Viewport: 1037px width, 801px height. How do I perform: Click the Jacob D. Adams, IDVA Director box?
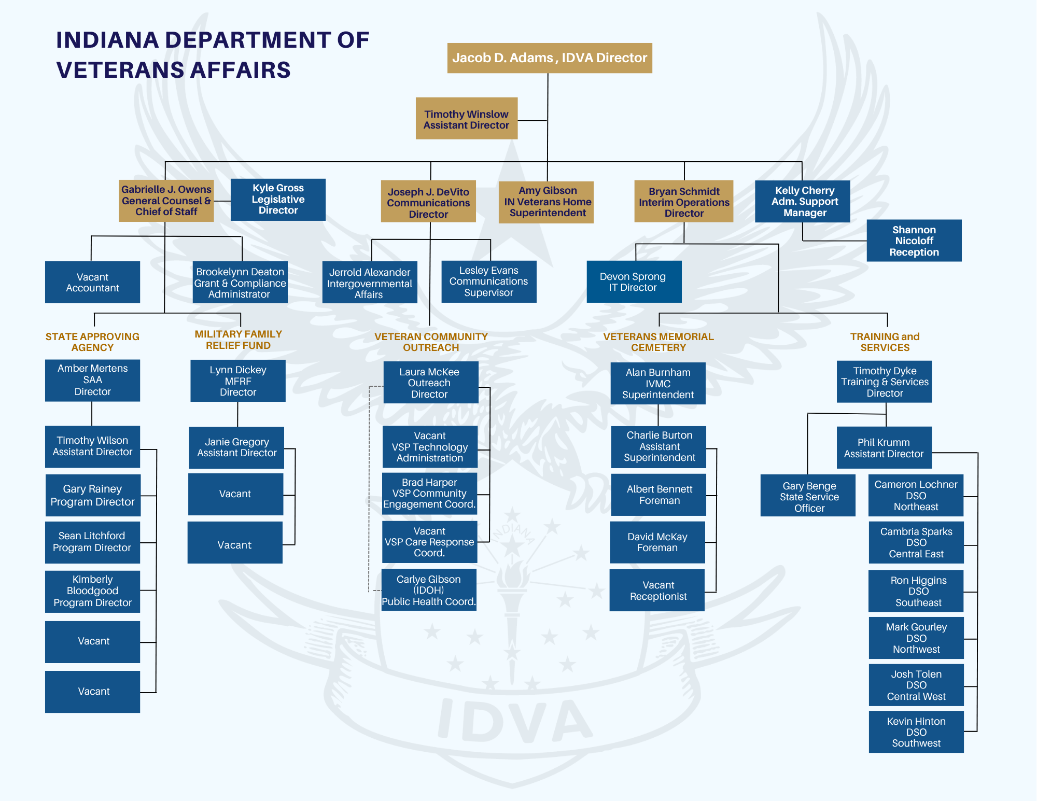(x=549, y=58)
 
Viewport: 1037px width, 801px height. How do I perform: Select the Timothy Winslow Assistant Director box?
(x=466, y=119)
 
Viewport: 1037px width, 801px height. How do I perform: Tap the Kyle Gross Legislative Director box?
(x=278, y=199)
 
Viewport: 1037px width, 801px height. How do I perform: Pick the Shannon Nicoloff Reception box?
(x=914, y=241)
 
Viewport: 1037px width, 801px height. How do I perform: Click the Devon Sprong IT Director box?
(x=634, y=282)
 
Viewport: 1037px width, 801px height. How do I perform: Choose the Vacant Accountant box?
(x=92, y=282)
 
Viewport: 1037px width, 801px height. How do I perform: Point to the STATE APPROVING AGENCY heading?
(x=92, y=342)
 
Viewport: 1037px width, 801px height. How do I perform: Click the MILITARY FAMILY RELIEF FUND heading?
(x=238, y=340)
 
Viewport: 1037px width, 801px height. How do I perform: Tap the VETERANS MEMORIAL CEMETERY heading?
(x=658, y=342)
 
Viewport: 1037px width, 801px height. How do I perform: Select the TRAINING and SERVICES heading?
(x=885, y=342)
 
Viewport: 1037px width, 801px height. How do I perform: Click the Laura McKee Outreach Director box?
(x=430, y=383)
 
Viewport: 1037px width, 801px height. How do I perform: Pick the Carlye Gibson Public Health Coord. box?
(x=429, y=590)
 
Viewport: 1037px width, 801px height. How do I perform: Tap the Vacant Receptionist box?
(x=657, y=591)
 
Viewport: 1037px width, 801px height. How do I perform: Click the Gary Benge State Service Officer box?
(x=808, y=496)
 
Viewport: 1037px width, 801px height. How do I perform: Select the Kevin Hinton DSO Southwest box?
(x=916, y=732)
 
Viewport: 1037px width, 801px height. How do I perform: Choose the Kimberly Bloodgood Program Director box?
(x=92, y=591)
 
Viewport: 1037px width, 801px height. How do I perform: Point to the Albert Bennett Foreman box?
(x=658, y=495)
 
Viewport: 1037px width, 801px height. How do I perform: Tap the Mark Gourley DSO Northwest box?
(x=916, y=638)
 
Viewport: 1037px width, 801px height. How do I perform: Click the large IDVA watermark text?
(x=513, y=721)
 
